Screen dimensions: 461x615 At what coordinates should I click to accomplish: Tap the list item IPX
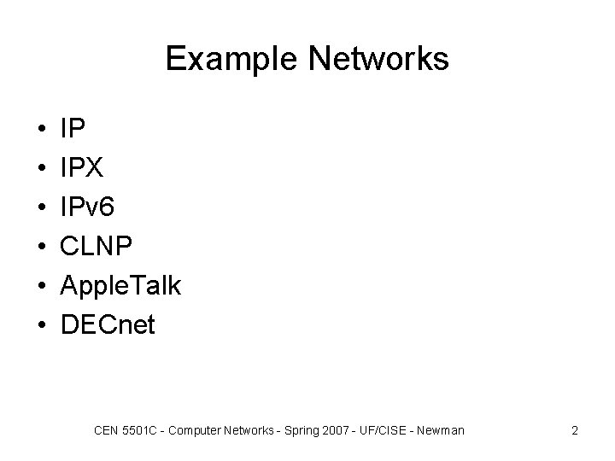[x=81, y=168]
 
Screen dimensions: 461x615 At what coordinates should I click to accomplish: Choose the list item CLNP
[x=97, y=247]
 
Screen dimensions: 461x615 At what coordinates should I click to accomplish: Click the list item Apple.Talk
[x=120, y=286]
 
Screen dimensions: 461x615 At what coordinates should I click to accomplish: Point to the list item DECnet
[x=108, y=325]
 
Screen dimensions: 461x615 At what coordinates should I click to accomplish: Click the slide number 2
[x=575, y=430]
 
